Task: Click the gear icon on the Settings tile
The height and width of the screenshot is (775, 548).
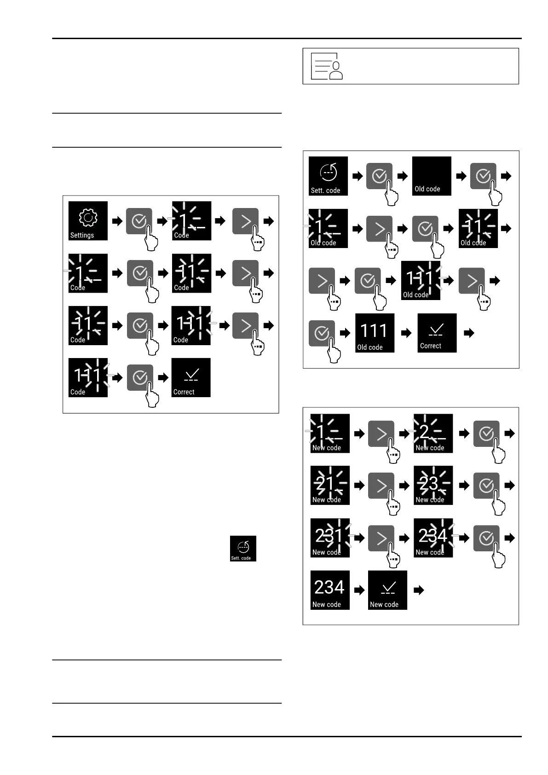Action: pos(88,218)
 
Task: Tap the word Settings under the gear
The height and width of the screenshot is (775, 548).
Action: pos(82,235)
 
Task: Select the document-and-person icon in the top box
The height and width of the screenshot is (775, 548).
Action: pos(327,66)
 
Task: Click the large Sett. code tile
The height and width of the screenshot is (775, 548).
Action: pos(328,176)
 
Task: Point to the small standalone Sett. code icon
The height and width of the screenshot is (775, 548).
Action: pos(243,549)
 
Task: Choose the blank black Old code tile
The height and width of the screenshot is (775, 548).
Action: pos(432,176)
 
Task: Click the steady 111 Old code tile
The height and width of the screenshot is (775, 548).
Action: pos(375,333)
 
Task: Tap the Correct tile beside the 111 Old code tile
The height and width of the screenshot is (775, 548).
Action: pos(437,333)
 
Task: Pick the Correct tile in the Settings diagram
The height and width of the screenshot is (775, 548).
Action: pos(190,377)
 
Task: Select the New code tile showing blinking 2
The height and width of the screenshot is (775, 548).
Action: pos(433,433)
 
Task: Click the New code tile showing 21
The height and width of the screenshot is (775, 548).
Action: pos(330,485)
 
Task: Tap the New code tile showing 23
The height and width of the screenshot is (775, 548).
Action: pos(433,485)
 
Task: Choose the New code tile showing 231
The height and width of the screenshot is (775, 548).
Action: pos(330,538)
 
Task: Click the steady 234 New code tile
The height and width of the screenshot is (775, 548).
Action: pos(330,590)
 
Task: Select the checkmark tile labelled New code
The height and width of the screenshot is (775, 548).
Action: pos(387,590)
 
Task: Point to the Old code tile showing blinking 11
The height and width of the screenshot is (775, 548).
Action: pos(478,228)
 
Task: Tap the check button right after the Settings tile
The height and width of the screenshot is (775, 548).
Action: pos(139,221)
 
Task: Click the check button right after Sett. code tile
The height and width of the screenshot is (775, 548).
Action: pos(379,176)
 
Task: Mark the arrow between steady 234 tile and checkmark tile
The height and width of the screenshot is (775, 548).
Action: pos(359,590)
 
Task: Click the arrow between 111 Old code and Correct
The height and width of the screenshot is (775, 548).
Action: pos(406,333)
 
